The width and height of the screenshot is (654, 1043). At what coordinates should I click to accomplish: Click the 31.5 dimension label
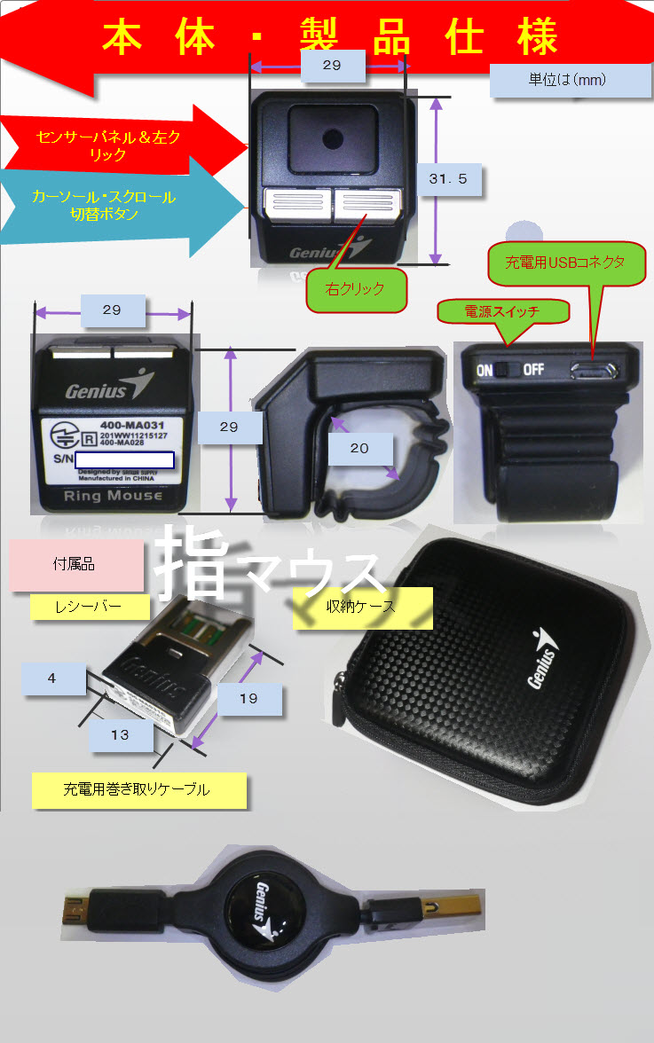coord(454,182)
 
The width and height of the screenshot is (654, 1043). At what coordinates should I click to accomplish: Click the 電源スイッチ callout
coord(501,311)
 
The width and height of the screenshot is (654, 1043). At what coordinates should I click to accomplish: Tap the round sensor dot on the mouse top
coord(332,138)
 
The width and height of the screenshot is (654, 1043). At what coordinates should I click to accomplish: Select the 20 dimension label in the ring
coord(359,448)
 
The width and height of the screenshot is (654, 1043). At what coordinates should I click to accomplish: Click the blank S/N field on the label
coord(124,459)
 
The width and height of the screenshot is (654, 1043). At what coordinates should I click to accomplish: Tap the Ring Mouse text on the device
coord(113,497)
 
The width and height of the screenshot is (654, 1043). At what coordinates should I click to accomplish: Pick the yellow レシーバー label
coord(89,608)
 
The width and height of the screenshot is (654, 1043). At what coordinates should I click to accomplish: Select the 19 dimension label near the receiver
coord(248,698)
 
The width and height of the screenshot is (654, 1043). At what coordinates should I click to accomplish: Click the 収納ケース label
coord(362,608)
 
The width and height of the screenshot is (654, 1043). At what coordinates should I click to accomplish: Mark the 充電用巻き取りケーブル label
coord(138,788)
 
